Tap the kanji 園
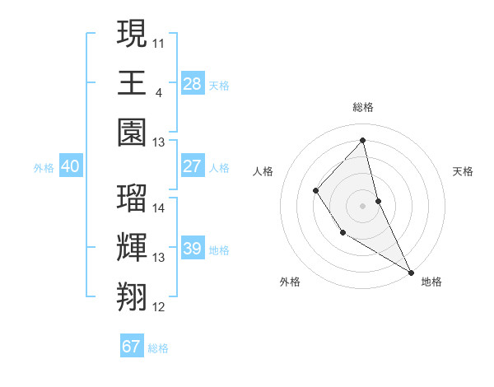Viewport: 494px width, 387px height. pos(132,131)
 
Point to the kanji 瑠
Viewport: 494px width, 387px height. pos(132,198)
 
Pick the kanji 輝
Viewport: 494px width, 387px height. pos(132,246)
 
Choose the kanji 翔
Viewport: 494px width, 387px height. pos(132,295)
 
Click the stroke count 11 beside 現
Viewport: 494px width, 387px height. pos(159,41)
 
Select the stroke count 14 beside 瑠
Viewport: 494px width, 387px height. pos(159,207)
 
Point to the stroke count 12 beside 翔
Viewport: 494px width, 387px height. pos(159,307)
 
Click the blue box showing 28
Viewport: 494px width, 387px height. pos(192,83)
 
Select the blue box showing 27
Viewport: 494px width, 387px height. pos(192,166)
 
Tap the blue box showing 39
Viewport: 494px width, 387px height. pos(192,249)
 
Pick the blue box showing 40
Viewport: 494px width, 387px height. pos(70,167)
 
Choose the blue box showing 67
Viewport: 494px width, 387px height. pos(132,347)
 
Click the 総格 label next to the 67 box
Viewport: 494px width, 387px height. pos(158,348)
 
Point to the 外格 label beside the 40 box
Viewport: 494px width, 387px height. pos(44,168)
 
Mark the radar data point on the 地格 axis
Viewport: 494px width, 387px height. pos(410,272)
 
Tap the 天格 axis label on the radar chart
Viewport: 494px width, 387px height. pos(463,171)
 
